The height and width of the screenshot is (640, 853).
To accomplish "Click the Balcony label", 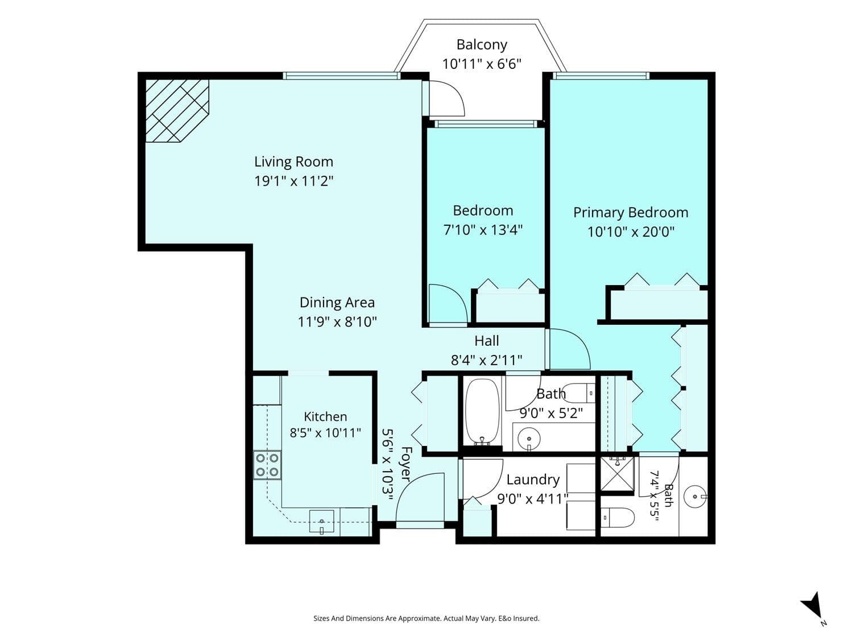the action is click(482, 45).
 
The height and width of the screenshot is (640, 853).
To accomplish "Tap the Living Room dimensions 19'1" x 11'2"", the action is click(294, 181).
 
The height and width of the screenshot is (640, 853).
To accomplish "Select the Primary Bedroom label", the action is click(631, 213).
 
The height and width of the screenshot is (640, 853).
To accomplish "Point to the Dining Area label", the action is click(337, 302).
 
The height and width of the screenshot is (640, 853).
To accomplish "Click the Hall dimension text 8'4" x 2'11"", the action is click(487, 360).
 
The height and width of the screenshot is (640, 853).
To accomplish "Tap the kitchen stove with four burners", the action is click(267, 465).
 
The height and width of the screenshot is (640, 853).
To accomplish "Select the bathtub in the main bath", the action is click(482, 412).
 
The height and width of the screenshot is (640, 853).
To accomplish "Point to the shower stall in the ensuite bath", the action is click(617, 474).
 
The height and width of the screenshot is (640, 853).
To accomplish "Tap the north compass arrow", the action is click(811, 606).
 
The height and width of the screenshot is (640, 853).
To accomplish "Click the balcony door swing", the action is click(447, 98).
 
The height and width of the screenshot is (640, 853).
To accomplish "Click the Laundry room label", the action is click(533, 480).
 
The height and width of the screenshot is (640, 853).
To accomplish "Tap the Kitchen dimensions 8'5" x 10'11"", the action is click(325, 432).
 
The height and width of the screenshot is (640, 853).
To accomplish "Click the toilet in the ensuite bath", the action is click(618, 518).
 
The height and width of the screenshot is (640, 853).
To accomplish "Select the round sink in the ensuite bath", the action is click(695, 497).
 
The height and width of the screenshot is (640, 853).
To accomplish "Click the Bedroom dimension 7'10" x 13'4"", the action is click(483, 230).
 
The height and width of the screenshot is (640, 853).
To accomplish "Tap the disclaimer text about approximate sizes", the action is click(426, 618).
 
